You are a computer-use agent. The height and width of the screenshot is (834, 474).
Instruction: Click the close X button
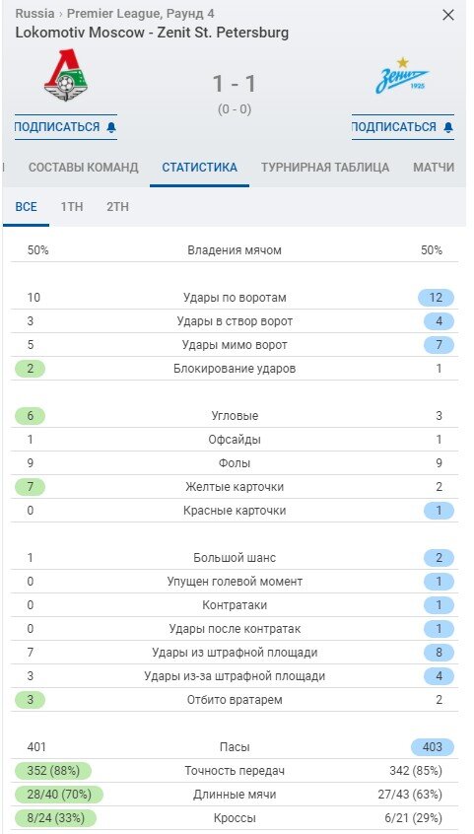point(448,16)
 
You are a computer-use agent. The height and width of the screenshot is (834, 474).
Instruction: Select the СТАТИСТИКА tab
point(199,168)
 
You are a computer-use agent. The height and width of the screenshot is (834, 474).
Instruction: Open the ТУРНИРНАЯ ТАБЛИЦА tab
point(325,168)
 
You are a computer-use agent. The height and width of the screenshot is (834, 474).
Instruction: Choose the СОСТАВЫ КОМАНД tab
point(84,168)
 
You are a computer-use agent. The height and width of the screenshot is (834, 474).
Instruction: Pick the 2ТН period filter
point(117,207)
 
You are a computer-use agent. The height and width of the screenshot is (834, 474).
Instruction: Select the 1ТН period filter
point(72,207)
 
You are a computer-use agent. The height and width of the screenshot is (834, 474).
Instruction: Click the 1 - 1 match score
point(235,84)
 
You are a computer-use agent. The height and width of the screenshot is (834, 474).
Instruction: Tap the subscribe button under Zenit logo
point(402,127)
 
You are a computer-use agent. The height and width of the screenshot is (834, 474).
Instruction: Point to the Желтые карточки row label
point(235,487)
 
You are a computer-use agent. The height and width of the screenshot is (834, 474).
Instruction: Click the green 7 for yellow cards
point(31,487)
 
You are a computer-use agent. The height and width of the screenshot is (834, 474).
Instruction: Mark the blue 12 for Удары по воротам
point(436,298)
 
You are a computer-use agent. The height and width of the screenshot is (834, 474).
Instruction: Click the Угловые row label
point(235,416)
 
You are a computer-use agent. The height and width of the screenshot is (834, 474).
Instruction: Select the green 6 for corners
point(31,416)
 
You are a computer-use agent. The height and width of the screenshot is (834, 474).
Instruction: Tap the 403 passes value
point(433,747)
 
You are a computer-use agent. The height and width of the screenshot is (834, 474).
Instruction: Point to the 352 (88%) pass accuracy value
point(53,771)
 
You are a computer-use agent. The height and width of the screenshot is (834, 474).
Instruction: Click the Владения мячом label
point(235,250)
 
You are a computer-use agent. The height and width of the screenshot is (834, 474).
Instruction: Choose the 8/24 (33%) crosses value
point(53,818)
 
